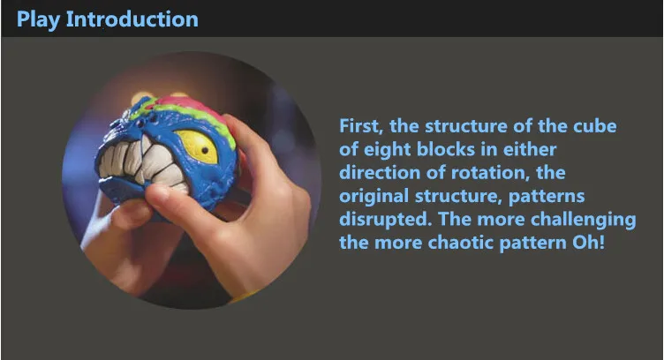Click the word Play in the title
(38, 20)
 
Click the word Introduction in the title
(132, 19)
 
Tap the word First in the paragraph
(361, 126)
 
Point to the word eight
(388, 149)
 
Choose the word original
(373, 196)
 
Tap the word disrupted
(385, 220)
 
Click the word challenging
(583, 220)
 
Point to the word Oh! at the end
(588, 243)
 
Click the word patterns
(547, 196)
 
